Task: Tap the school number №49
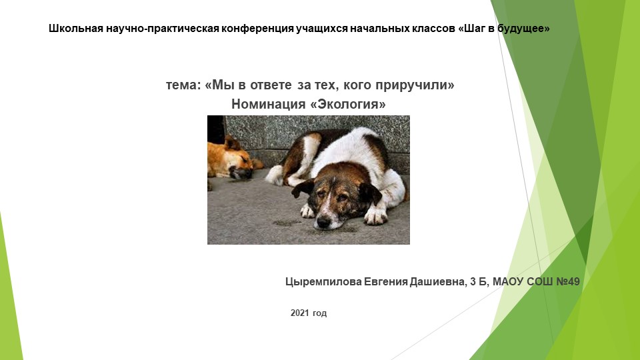[567, 282]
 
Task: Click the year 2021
[301, 313]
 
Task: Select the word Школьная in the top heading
[74, 29]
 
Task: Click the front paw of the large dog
[375, 215]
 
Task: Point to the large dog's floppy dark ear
[369, 193]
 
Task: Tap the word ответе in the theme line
[273, 85]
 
